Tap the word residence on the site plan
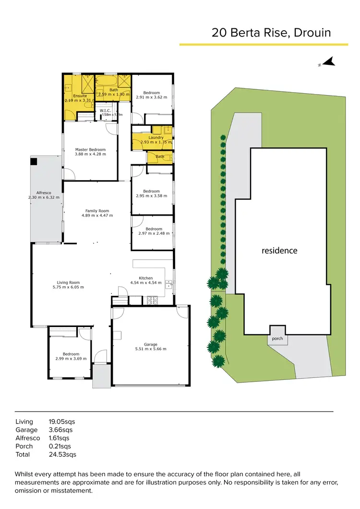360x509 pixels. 279,251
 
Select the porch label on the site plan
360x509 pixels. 277,339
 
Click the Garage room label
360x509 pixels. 151,344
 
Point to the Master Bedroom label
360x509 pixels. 90,149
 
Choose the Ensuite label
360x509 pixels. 80,96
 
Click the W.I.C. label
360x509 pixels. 106,110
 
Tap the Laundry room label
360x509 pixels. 156,138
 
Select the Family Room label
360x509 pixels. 97,211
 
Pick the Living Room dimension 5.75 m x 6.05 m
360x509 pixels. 68,287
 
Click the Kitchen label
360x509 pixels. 146,278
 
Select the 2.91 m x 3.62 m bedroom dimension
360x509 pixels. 151,97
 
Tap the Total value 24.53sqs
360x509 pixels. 62,454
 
